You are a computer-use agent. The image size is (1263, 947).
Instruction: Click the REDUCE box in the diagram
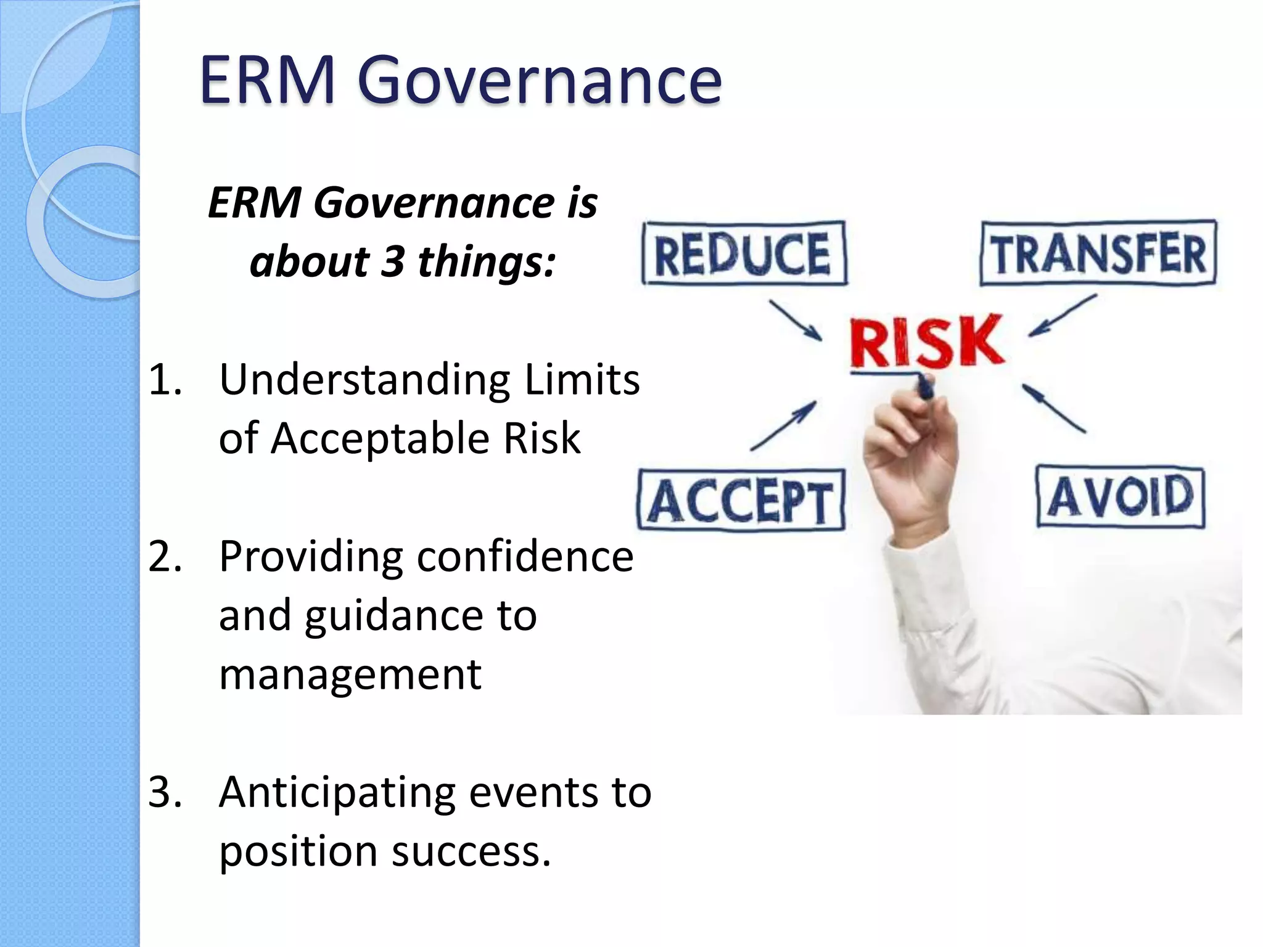(744, 253)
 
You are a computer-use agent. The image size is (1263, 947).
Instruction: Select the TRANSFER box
(1098, 253)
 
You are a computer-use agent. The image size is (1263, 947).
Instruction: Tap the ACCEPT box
(741, 500)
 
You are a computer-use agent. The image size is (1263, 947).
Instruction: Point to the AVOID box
(1121, 497)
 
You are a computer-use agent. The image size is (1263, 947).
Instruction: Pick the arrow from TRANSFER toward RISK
(1062, 316)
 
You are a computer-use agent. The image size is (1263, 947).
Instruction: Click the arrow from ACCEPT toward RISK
(784, 425)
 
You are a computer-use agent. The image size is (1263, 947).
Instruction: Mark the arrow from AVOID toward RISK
(1054, 408)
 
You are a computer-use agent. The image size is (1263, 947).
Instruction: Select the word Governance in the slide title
(539, 80)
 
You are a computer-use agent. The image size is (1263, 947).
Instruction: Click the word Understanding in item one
(364, 380)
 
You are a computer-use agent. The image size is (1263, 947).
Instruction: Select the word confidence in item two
(525, 556)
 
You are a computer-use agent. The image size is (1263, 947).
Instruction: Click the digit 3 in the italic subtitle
(392, 261)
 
